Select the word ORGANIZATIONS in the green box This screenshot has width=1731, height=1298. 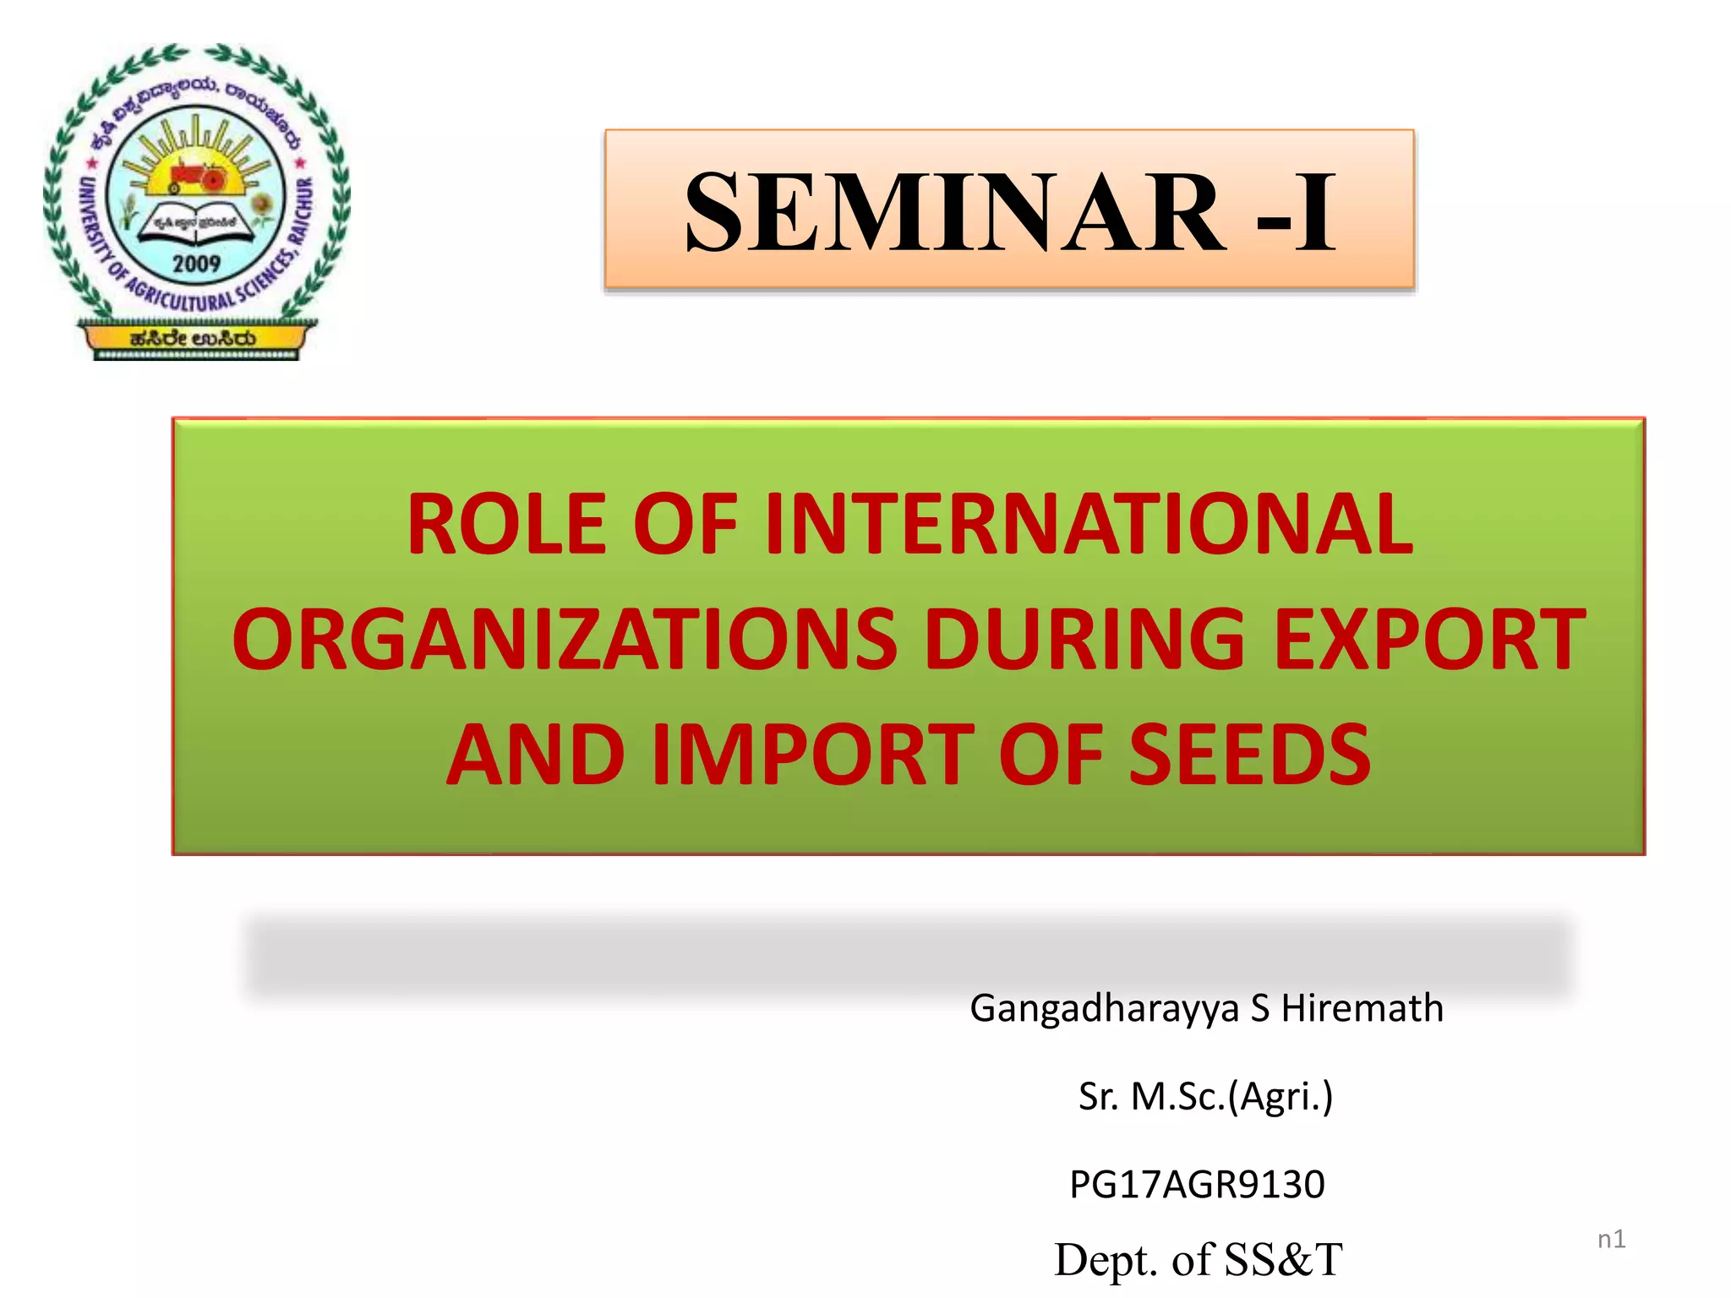[x=565, y=640]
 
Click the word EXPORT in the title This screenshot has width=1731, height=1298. [x=1429, y=640]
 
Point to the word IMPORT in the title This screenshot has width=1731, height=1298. [x=813, y=754]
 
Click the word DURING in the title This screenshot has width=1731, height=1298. [x=1084, y=640]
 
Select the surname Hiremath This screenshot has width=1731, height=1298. [x=1362, y=1008]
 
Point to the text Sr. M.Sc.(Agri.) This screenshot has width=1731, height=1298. [x=1205, y=1097]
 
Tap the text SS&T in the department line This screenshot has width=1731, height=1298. [x=1283, y=1260]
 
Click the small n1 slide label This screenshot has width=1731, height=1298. [x=1611, y=1239]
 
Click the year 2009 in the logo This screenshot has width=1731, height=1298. [x=196, y=264]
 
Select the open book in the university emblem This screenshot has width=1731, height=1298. [x=195, y=224]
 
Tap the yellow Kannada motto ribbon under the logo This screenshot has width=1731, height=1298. [x=194, y=339]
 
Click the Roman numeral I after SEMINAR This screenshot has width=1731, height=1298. [x=1316, y=211]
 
